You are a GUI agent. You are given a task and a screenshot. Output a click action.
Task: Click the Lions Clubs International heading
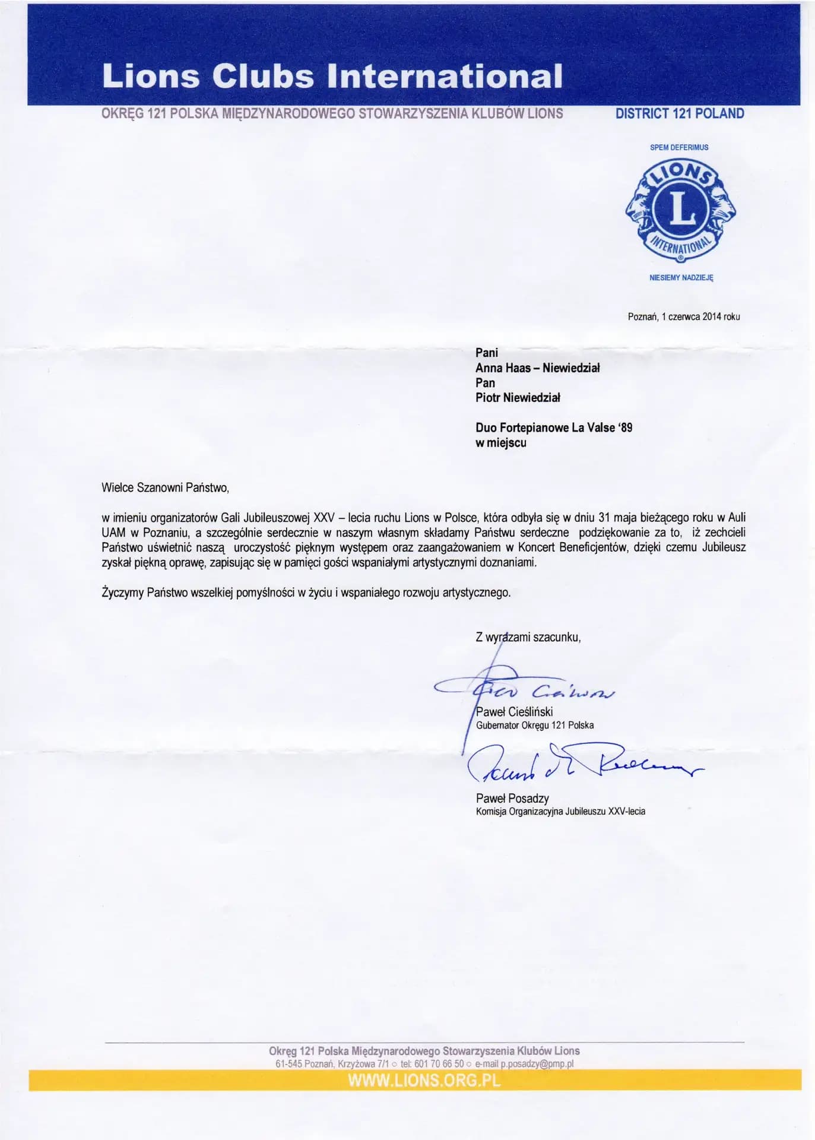tap(332, 76)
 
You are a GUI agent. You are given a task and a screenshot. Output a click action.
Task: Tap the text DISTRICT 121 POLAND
tap(680, 113)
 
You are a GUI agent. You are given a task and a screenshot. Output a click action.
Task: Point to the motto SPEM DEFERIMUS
tap(679, 147)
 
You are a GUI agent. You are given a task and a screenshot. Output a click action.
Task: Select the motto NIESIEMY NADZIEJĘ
tap(681, 277)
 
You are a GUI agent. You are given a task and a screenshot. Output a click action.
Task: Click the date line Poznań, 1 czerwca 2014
tap(683, 316)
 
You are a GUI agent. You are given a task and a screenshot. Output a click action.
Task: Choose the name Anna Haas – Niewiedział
tap(537, 368)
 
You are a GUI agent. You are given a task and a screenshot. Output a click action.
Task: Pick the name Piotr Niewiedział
tap(518, 398)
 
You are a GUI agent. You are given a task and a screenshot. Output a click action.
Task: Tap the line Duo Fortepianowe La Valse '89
tap(554, 427)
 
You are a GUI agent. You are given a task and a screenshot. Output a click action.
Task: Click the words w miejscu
tap(500, 443)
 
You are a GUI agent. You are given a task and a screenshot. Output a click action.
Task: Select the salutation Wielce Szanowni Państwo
tap(165, 488)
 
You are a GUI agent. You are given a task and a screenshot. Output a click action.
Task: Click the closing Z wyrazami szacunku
tap(528, 638)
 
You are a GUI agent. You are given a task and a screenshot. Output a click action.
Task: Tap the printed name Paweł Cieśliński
tap(514, 712)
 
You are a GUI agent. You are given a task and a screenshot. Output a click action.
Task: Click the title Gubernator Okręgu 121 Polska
tap(534, 725)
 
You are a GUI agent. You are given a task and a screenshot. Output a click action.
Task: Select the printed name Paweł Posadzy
tap(512, 799)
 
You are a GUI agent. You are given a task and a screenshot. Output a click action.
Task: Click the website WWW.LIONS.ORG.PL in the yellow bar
tap(424, 1080)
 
